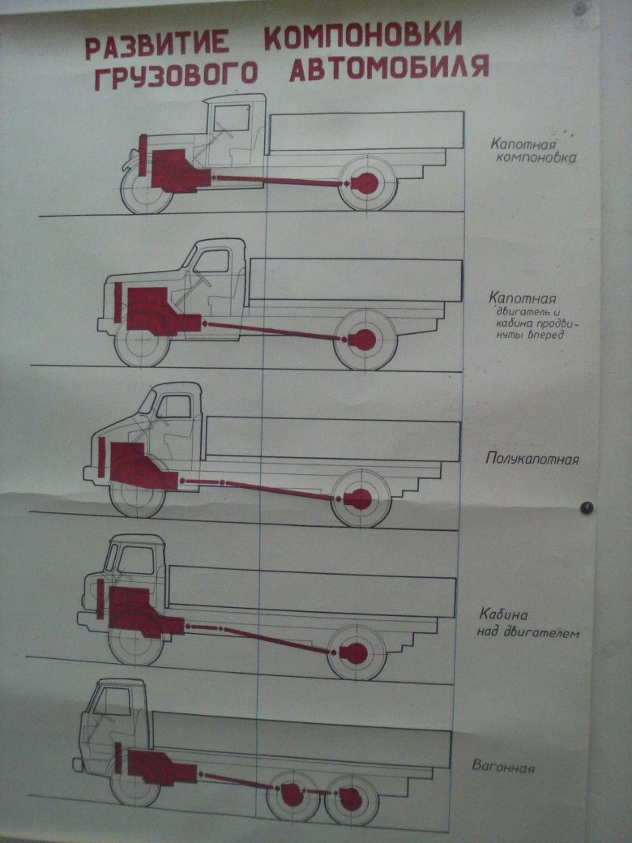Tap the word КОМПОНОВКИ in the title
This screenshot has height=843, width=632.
[x=363, y=36]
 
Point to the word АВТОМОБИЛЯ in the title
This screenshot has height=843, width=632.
[x=389, y=68]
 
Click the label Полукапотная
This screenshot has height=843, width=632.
[x=532, y=460]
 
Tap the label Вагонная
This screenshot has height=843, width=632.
[x=503, y=766]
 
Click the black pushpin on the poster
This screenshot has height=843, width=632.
[x=587, y=507]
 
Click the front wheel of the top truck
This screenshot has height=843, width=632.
[x=147, y=191]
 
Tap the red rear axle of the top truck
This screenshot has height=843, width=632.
[x=366, y=184]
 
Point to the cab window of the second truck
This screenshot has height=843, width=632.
[x=211, y=261]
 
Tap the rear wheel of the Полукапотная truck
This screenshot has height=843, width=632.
[x=361, y=499]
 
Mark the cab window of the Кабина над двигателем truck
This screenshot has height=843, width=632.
[x=136, y=559]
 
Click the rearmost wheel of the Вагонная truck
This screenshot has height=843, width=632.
[x=351, y=798]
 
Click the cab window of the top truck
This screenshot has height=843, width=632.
[x=233, y=118]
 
